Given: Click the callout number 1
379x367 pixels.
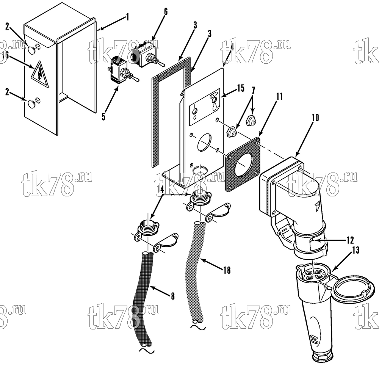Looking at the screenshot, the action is [127, 17].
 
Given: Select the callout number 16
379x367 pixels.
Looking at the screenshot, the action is [5, 55].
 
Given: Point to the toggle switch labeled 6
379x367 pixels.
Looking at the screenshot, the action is [147, 55].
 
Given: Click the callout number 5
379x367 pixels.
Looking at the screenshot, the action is [103, 117].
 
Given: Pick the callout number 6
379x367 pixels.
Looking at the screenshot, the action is [166, 12].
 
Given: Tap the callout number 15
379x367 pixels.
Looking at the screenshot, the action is [241, 88].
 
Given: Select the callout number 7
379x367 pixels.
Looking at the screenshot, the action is [253, 90].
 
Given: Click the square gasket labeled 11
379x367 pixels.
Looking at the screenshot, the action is [243, 165].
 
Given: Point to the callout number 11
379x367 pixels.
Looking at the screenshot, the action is [279, 97].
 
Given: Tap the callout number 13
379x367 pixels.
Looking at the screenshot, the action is [356, 250].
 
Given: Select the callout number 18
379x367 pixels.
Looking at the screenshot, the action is [227, 270].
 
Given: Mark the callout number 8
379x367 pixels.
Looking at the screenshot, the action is [172, 296].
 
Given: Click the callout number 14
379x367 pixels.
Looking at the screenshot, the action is [160, 190].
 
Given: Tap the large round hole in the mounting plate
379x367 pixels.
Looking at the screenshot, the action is [204, 143].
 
